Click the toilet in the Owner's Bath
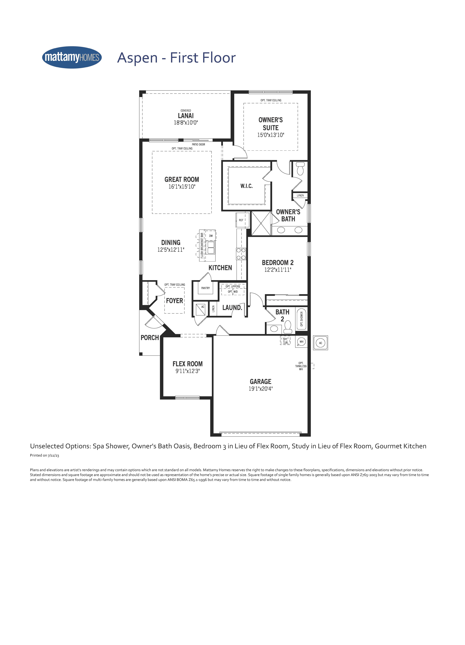point(300,168)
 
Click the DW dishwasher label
point(211,236)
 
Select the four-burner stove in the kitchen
point(241,254)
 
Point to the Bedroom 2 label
point(278,263)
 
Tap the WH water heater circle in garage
point(301,342)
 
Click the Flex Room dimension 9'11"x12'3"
point(187,371)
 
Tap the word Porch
point(150,338)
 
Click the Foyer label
point(175,301)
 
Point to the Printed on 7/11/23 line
point(44,455)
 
